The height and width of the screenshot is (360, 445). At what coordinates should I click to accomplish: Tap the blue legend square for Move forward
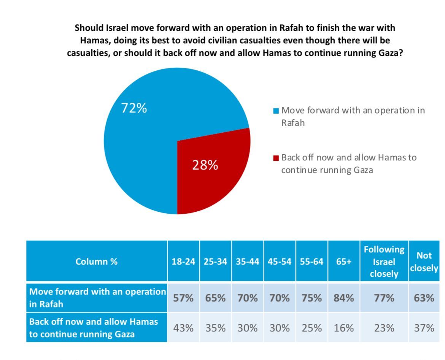coord(277,111)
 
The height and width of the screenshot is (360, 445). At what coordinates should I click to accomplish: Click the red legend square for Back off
coord(277,157)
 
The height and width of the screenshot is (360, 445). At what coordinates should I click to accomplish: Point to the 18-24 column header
coord(184,262)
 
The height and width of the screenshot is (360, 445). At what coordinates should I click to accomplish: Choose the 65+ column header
coord(344,262)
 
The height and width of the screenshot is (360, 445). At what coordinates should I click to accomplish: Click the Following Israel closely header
coord(384,262)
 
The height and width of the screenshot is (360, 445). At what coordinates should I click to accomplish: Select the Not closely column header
coord(424,262)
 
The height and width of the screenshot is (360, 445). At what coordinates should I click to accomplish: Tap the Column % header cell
coord(97,262)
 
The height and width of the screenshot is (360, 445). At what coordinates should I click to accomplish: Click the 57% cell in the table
coord(184,298)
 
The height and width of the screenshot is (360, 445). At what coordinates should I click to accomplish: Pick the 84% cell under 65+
coord(344,298)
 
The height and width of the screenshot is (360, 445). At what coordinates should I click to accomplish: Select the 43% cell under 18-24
coord(184,328)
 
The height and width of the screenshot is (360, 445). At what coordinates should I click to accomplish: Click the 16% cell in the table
coord(344,328)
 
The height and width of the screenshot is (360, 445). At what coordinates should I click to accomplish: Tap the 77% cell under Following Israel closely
coord(384,298)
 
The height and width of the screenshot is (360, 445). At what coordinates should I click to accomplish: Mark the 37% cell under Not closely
coord(424,328)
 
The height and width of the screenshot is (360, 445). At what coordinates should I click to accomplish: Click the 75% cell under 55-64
coord(311,298)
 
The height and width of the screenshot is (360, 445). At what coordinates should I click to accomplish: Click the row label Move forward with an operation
coord(97,298)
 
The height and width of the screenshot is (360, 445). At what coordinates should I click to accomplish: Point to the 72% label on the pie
coord(134,108)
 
